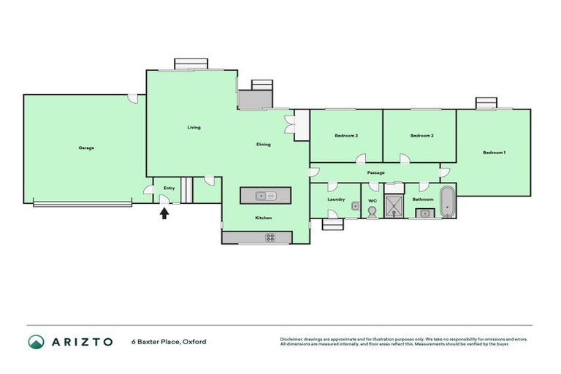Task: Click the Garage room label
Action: click(x=86, y=148)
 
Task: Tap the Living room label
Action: click(x=194, y=128)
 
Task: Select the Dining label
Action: click(x=263, y=145)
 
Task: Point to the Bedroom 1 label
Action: click(x=494, y=152)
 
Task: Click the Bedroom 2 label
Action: click(x=422, y=136)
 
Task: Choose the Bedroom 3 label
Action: click(x=346, y=136)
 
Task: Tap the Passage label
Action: click(x=376, y=173)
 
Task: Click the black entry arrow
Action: click(x=164, y=213)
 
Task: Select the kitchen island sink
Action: click(x=266, y=195)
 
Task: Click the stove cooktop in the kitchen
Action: click(x=270, y=237)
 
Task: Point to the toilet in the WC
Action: click(x=373, y=212)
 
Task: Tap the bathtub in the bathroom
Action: click(x=447, y=202)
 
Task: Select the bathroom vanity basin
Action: click(x=423, y=213)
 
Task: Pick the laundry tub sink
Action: click(x=355, y=207)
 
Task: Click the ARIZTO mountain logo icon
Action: click(x=36, y=341)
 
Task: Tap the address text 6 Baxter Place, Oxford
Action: click(x=168, y=342)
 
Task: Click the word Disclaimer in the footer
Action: click(x=291, y=339)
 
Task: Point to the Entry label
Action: click(x=169, y=188)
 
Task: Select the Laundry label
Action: click(x=336, y=199)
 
